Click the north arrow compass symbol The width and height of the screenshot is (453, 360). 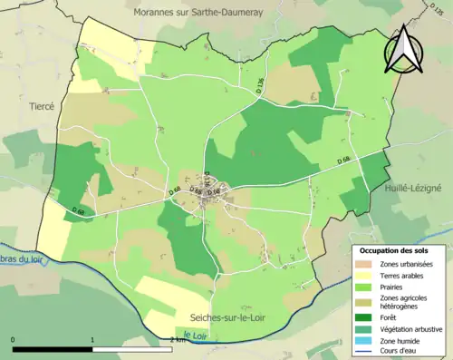coord(405,50)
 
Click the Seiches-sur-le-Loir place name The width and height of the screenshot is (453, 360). coord(239,316)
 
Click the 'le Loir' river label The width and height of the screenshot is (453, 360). coord(192,336)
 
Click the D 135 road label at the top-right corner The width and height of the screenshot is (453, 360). coord(439,8)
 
